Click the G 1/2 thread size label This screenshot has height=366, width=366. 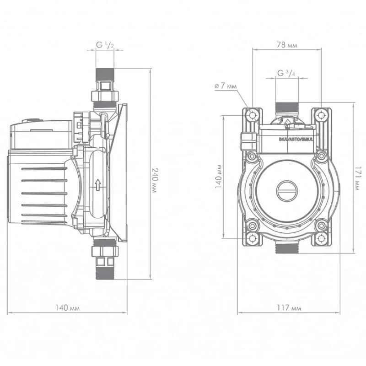click(x=105, y=44)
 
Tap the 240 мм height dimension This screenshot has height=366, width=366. click(x=155, y=180)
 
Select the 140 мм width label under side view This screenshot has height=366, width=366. click(x=67, y=307)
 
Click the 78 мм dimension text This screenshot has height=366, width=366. click(x=287, y=44)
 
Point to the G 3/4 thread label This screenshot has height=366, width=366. click(x=286, y=73)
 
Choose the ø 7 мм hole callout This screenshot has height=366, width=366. click(x=226, y=86)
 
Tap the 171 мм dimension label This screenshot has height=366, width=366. click(x=358, y=178)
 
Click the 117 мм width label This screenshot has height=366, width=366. click(x=289, y=307)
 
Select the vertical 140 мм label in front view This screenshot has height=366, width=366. click(x=219, y=177)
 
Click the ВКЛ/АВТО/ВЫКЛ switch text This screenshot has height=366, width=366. click(x=296, y=140)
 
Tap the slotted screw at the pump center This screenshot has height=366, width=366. click(x=287, y=191)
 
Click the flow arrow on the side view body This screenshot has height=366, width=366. click(x=98, y=185)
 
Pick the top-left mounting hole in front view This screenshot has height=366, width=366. click(x=253, y=115)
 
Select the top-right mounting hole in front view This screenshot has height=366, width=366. click(x=322, y=115)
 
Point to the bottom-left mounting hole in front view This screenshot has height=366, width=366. click(x=253, y=238)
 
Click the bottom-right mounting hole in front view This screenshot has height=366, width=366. click(x=322, y=238)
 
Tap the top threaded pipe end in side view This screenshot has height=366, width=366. click(x=105, y=75)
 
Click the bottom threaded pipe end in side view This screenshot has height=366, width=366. click(x=105, y=273)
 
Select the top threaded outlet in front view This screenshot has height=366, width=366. click(x=287, y=108)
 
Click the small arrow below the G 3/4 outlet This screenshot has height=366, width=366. click(x=288, y=121)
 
